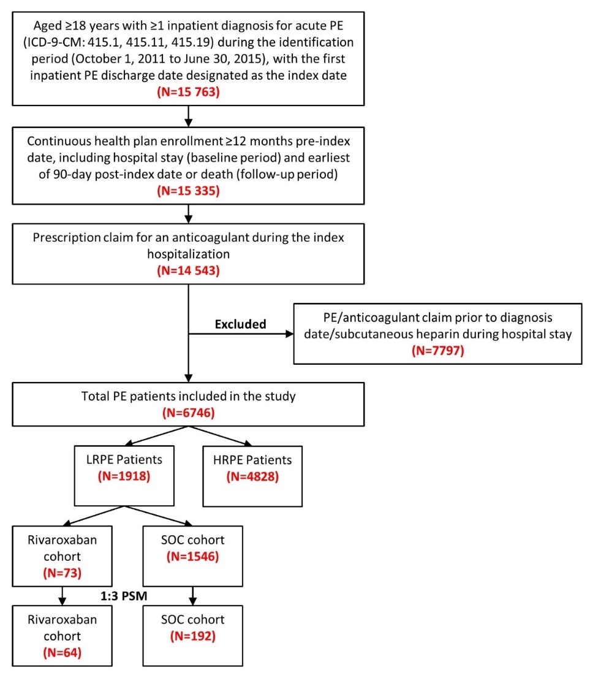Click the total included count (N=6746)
pyautogui.click(x=188, y=414)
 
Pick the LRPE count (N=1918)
pyautogui.click(x=126, y=477)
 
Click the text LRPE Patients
pyautogui.click(x=126, y=460)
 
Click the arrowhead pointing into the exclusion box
pyautogui.click(x=288, y=335)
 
